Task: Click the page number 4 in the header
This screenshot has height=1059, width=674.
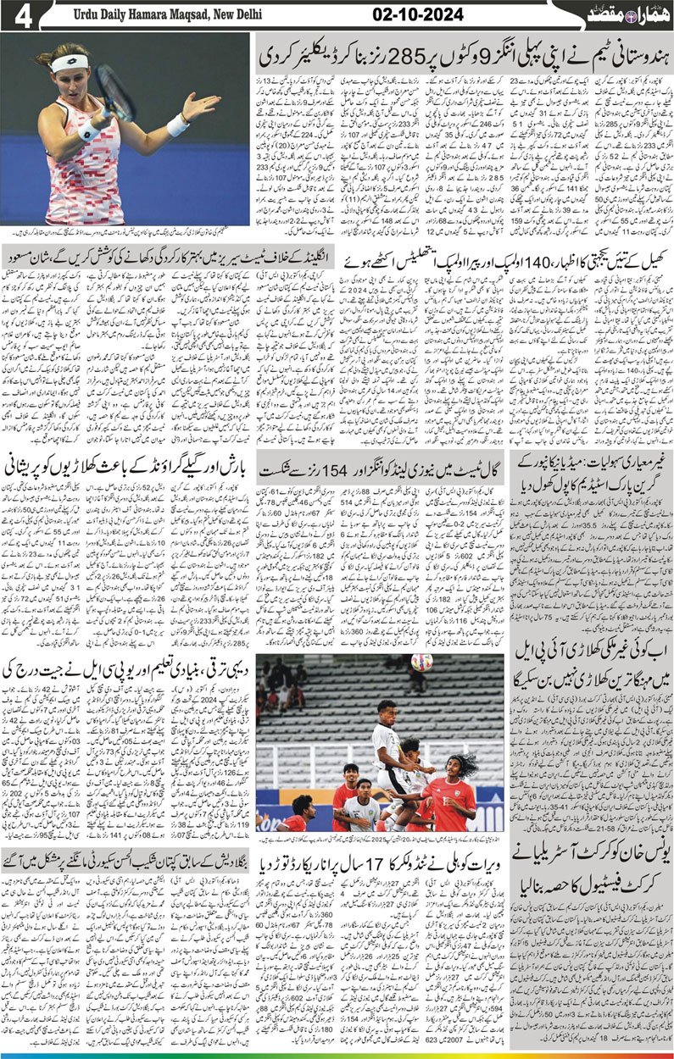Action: click(22, 17)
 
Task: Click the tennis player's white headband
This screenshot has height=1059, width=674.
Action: click(70, 63)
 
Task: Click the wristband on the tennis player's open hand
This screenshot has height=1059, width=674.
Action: click(177, 125)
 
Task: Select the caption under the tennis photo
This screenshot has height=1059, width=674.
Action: click(125, 231)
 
